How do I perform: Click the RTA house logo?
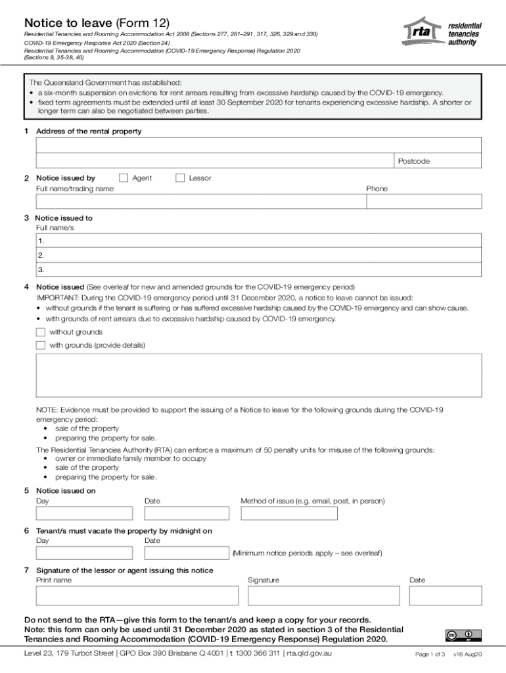click(424, 32)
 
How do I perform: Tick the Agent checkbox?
click(123, 177)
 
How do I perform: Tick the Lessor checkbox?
click(180, 177)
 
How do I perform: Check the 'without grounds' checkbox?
click(41, 333)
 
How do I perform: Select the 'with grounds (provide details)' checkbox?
click(41, 345)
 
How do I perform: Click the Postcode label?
click(413, 161)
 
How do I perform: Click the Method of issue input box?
click(288, 513)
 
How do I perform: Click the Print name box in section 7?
click(137, 595)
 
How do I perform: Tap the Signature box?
click(323, 595)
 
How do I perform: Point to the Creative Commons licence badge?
click(463, 635)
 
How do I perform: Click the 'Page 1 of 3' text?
click(430, 655)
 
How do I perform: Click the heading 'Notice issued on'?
click(66, 490)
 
